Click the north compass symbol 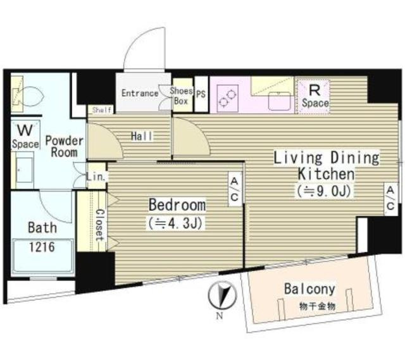click(x=222, y=295)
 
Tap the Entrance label click(x=140, y=93)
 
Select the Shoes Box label click(x=182, y=96)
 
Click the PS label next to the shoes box click(x=201, y=94)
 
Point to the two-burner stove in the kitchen click(x=228, y=99)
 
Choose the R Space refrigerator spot click(x=314, y=96)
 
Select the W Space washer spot click(x=25, y=136)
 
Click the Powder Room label click(x=65, y=146)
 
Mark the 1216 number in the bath click(x=42, y=247)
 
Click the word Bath click(x=42, y=228)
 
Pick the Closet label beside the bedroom click(x=100, y=225)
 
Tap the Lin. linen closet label click(x=96, y=177)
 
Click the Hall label click(x=142, y=136)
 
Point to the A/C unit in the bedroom click(x=235, y=189)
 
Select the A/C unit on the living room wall click(x=390, y=199)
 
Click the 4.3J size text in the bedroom click(x=175, y=223)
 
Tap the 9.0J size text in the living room click(x=324, y=191)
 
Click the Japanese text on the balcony click(x=317, y=307)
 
